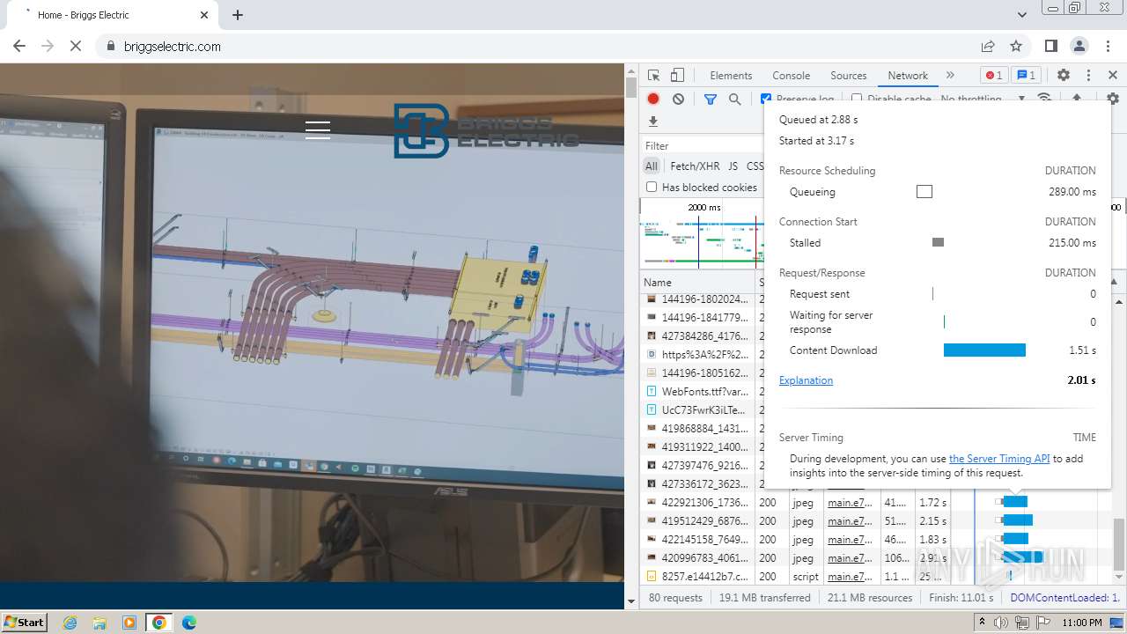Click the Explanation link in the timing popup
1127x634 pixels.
(x=806, y=380)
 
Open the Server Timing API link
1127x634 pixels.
(x=998, y=459)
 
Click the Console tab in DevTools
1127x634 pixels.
(x=791, y=76)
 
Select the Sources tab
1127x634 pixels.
(x=848, y=76)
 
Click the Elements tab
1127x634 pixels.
(x=731, y=76)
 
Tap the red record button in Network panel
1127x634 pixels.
(x=653, y=100)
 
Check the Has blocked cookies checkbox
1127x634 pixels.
(x=652, y=188)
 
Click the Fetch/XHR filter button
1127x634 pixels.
(x=695, y=166)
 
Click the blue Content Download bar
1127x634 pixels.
(x=984, y=350)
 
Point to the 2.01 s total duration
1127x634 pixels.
(x=1081, y=380)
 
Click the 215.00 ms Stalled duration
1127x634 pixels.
(x=1072, y=243)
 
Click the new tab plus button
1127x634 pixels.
(x=238, y=15)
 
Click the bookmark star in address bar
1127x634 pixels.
(x=1016, y=47)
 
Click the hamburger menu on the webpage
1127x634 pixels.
(x=318, y=130)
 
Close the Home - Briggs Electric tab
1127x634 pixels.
(x=204, y=15)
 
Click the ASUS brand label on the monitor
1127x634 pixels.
(x=450, y=490)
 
